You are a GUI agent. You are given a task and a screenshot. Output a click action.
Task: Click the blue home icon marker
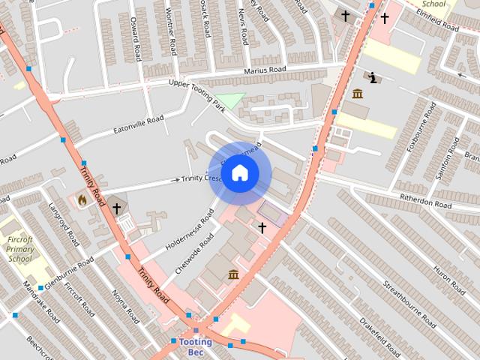[239, 173]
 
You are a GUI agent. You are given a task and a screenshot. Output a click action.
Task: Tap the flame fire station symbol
[82, 200]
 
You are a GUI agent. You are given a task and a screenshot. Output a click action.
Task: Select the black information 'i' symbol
[373, 77]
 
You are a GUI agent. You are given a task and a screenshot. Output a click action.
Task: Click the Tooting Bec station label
[196, 346]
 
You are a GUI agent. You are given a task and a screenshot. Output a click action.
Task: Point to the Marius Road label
[265, 70]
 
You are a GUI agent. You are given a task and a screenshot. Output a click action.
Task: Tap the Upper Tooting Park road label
[196, 91]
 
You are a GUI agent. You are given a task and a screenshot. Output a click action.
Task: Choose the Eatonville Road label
[138, 124]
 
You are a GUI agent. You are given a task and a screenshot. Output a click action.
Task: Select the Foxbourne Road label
[420, 128]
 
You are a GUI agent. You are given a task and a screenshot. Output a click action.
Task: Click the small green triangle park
[232, 100]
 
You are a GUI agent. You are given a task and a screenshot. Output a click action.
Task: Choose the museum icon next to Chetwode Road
[233, 274]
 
